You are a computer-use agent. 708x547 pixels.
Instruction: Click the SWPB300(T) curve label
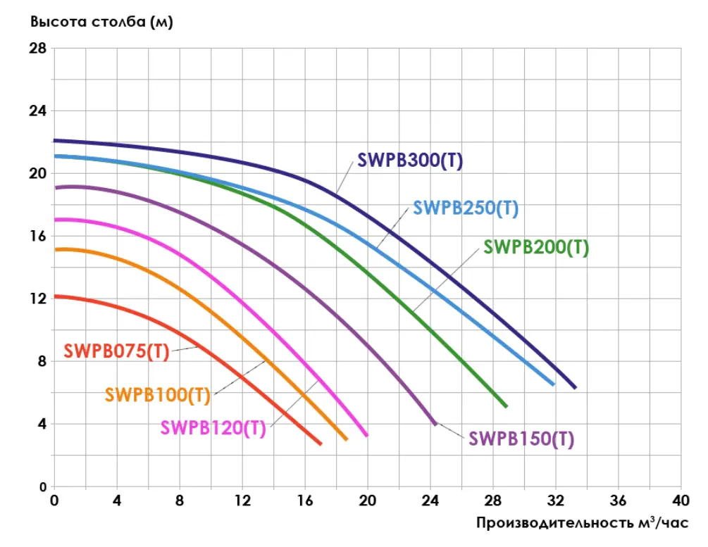[409, 161]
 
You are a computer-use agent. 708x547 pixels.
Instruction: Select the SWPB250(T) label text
[466, 208]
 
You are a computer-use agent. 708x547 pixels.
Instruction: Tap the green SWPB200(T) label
[536, 248]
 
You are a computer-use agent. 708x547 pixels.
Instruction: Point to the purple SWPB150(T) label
[521, 439]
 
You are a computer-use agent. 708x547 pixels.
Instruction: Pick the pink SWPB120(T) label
[213, 428]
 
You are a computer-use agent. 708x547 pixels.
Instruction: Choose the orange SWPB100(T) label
[158, 394]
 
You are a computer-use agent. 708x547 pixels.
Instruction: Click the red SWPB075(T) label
[116, 351]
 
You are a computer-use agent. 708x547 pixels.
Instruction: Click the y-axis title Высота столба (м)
[101, 21]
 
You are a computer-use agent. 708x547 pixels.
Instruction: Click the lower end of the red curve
[321, 444]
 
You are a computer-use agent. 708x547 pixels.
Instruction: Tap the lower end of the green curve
[506, 406]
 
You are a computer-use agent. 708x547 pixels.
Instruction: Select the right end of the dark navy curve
[575, 387]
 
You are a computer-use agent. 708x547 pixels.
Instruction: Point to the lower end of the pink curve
[366, 435]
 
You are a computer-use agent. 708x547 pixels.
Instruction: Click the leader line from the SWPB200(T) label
[447, 278]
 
